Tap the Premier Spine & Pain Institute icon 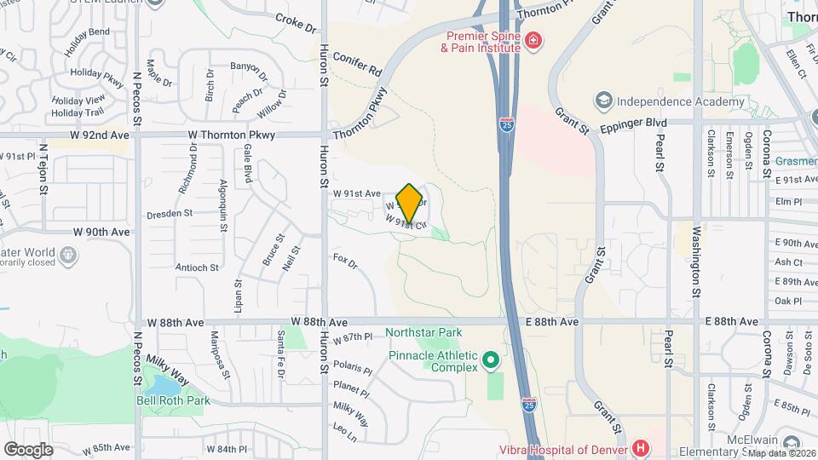(x=533, y=40)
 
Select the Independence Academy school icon (x=604, y=101)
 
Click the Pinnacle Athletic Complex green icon (x=490, y=361)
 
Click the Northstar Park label (x=423, y=332)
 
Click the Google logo (x=28, y=449)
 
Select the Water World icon (x=67, y=254)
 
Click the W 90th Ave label (x=101, y=232)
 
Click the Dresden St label (x=170, y=215)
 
